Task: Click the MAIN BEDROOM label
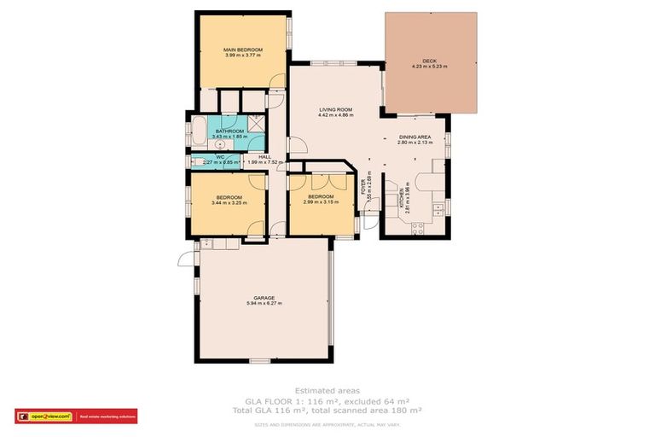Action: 243,50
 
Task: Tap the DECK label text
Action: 429,61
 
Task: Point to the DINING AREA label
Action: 414,137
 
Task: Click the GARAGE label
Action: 263,298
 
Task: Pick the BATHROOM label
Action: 229,131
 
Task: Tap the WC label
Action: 219,156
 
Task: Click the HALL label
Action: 264,157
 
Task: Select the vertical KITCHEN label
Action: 401,202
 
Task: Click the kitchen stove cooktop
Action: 418,228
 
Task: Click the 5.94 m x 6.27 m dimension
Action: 263,303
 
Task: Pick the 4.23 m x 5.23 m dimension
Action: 429,66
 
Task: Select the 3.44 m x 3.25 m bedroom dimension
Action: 229,203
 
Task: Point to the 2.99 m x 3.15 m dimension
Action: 321,202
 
